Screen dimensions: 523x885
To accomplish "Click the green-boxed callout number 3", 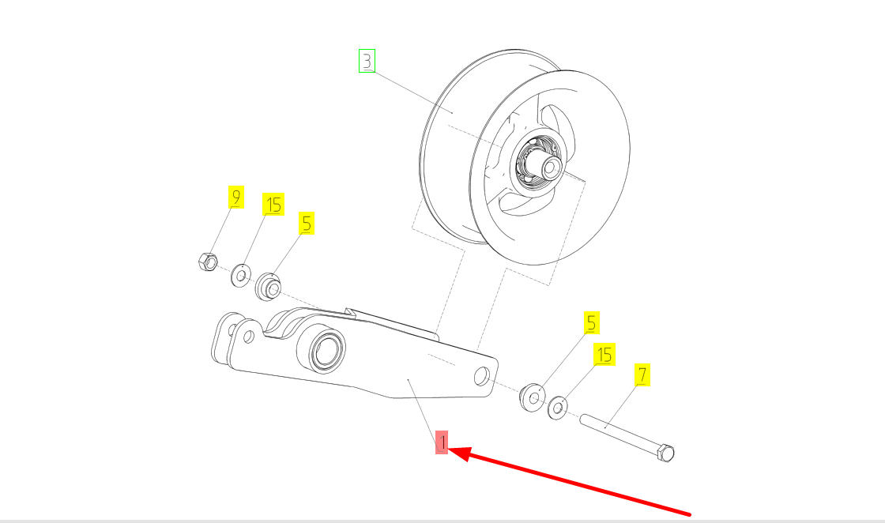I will click(x=367, y=61).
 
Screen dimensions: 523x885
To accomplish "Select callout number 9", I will click(x=235, y=197).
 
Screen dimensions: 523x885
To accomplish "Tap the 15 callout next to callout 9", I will click(x=273, y=205).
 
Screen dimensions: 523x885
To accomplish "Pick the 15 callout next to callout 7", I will click(x=604, y=355).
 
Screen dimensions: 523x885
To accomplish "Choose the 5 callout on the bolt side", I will click(x=592, y=322).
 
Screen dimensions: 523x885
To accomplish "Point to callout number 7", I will click(x=643, y=375).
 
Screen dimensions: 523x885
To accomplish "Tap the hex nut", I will click(x=205, y=261).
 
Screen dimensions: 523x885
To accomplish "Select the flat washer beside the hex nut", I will click(x=239, y=274).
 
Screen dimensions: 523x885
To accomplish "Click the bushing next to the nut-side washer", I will click(x=269, y=286).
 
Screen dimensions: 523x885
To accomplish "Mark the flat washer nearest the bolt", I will click(x=558, y=407).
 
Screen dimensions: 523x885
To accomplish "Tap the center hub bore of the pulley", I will click(x=551, y=167).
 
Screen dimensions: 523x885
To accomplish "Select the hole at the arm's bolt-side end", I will click(x=480, y=378).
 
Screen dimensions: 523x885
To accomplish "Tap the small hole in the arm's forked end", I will click(x=248, y=337).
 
